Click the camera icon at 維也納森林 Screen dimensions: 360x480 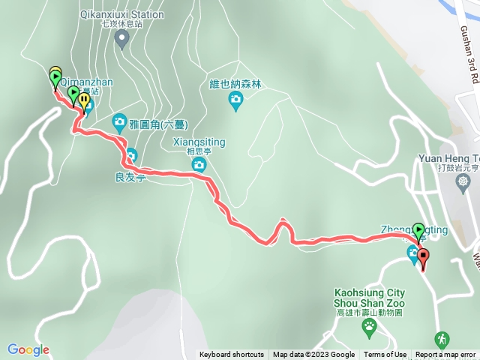[x=236, y=100]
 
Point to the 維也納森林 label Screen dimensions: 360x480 [x=236, y=85]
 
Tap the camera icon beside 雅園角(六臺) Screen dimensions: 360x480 [x=119, y=121]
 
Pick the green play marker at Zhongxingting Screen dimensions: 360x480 [x=418, y=232]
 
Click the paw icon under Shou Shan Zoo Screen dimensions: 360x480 [x=370, y=325]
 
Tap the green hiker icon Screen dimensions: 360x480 [x=442, y=339]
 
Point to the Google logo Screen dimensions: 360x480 [x=28, y=349]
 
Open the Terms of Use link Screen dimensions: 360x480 [x=385, y=355]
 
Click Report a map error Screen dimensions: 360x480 [x=445, y=355]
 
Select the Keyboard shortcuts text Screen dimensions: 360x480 [x=232, y=355]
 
